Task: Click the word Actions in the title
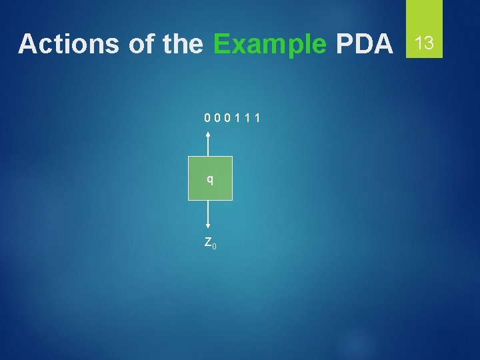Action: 69,44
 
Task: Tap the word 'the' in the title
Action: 181,44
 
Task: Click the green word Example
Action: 270,44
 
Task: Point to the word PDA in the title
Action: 365,44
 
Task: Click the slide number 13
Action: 424,44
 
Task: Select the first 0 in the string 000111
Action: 208,119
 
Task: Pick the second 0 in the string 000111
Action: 217,119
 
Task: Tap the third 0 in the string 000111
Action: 227,119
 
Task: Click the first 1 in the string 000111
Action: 237,119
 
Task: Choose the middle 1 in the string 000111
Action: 247,119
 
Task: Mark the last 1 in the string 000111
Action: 257,119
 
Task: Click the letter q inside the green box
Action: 210,179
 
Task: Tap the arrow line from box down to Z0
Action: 210,213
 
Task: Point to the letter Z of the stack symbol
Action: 208,242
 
